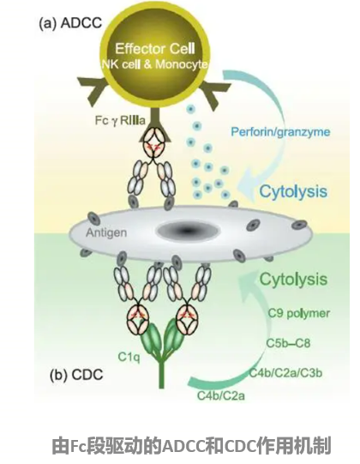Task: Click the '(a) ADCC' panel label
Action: (70, 23)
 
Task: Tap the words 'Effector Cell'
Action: (155, 49)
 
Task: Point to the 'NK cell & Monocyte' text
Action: (154, 64)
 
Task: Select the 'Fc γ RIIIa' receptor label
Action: (120, 120)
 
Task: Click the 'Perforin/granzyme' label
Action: (280, 131)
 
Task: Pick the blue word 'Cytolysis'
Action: (293, 191)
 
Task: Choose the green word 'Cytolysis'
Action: (293, 279)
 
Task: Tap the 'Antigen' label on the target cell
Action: (106, 233)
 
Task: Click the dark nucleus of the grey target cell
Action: (188, 231)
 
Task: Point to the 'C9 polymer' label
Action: (299, 313)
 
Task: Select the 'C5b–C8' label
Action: (288, 343)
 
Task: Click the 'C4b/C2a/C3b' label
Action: (285, 373)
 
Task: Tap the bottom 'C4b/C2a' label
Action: (221, 395)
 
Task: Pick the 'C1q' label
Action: (129, 357)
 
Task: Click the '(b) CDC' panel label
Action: (76, 375)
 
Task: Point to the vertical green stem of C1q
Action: (161, 374)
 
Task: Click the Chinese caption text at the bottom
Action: (192, 446)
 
